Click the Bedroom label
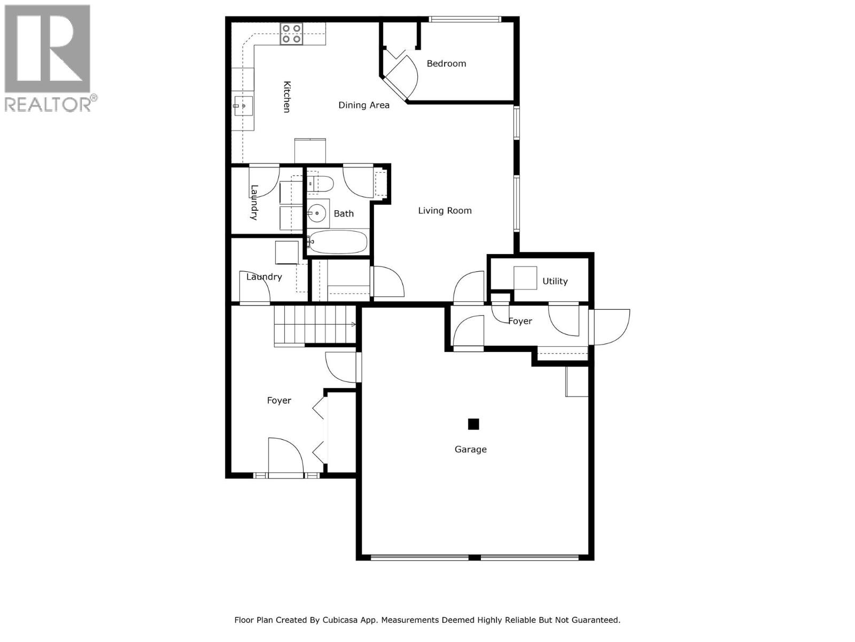click(x=446, y=64)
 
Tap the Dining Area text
click(x=364, y=105)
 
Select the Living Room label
click(x=445, y=211)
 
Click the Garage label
click(x=470, y=449)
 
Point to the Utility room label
click(x=555, y=281)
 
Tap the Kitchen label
click(x=287, y=97)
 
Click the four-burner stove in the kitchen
click(x=291, y=33)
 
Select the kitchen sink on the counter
click(x=243, y=106)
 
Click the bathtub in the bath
click(x=338, y=242)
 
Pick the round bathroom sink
click(x=317, y=213)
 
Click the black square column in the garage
click(x=473, y=424)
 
